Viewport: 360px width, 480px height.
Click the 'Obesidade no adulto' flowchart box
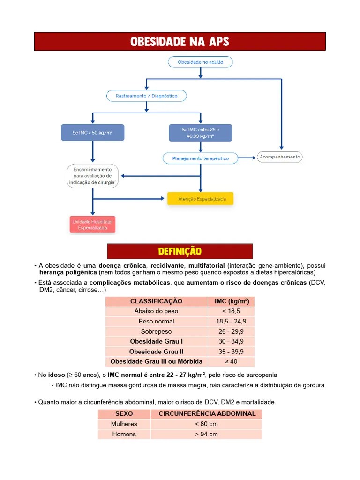200,62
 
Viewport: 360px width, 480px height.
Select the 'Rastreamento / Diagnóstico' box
146,96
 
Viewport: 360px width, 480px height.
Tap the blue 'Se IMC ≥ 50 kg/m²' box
92,133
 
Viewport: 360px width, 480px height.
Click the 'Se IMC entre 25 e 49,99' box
200,133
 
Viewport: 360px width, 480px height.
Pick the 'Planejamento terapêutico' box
200,158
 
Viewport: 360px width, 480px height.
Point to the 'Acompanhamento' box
280,157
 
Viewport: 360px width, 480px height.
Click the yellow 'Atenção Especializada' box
200,199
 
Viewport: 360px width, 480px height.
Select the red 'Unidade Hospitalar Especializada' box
92,225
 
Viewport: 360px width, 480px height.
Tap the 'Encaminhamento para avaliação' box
92,176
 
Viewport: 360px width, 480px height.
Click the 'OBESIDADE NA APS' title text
180,42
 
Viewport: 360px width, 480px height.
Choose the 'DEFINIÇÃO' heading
180,252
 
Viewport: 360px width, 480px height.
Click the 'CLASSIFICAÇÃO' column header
156,301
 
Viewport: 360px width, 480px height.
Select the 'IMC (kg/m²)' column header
231,301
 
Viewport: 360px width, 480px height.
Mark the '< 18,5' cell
231,311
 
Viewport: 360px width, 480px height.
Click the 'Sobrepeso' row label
156,331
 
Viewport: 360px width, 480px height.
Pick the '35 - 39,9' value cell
231,352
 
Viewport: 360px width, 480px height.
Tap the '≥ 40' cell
231,361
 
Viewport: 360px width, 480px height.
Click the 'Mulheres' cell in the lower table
124,424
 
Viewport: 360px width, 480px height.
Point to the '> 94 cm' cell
206,434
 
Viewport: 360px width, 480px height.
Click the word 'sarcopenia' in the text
261,375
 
